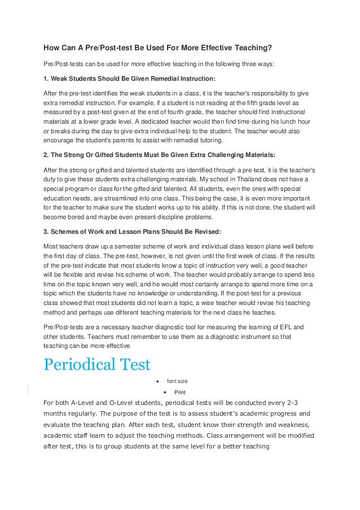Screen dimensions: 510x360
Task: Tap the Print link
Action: [x=180, y=392]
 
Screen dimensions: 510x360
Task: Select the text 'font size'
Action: [x=178, y=381]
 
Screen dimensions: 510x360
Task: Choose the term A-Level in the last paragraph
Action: [x=78, y=403]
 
